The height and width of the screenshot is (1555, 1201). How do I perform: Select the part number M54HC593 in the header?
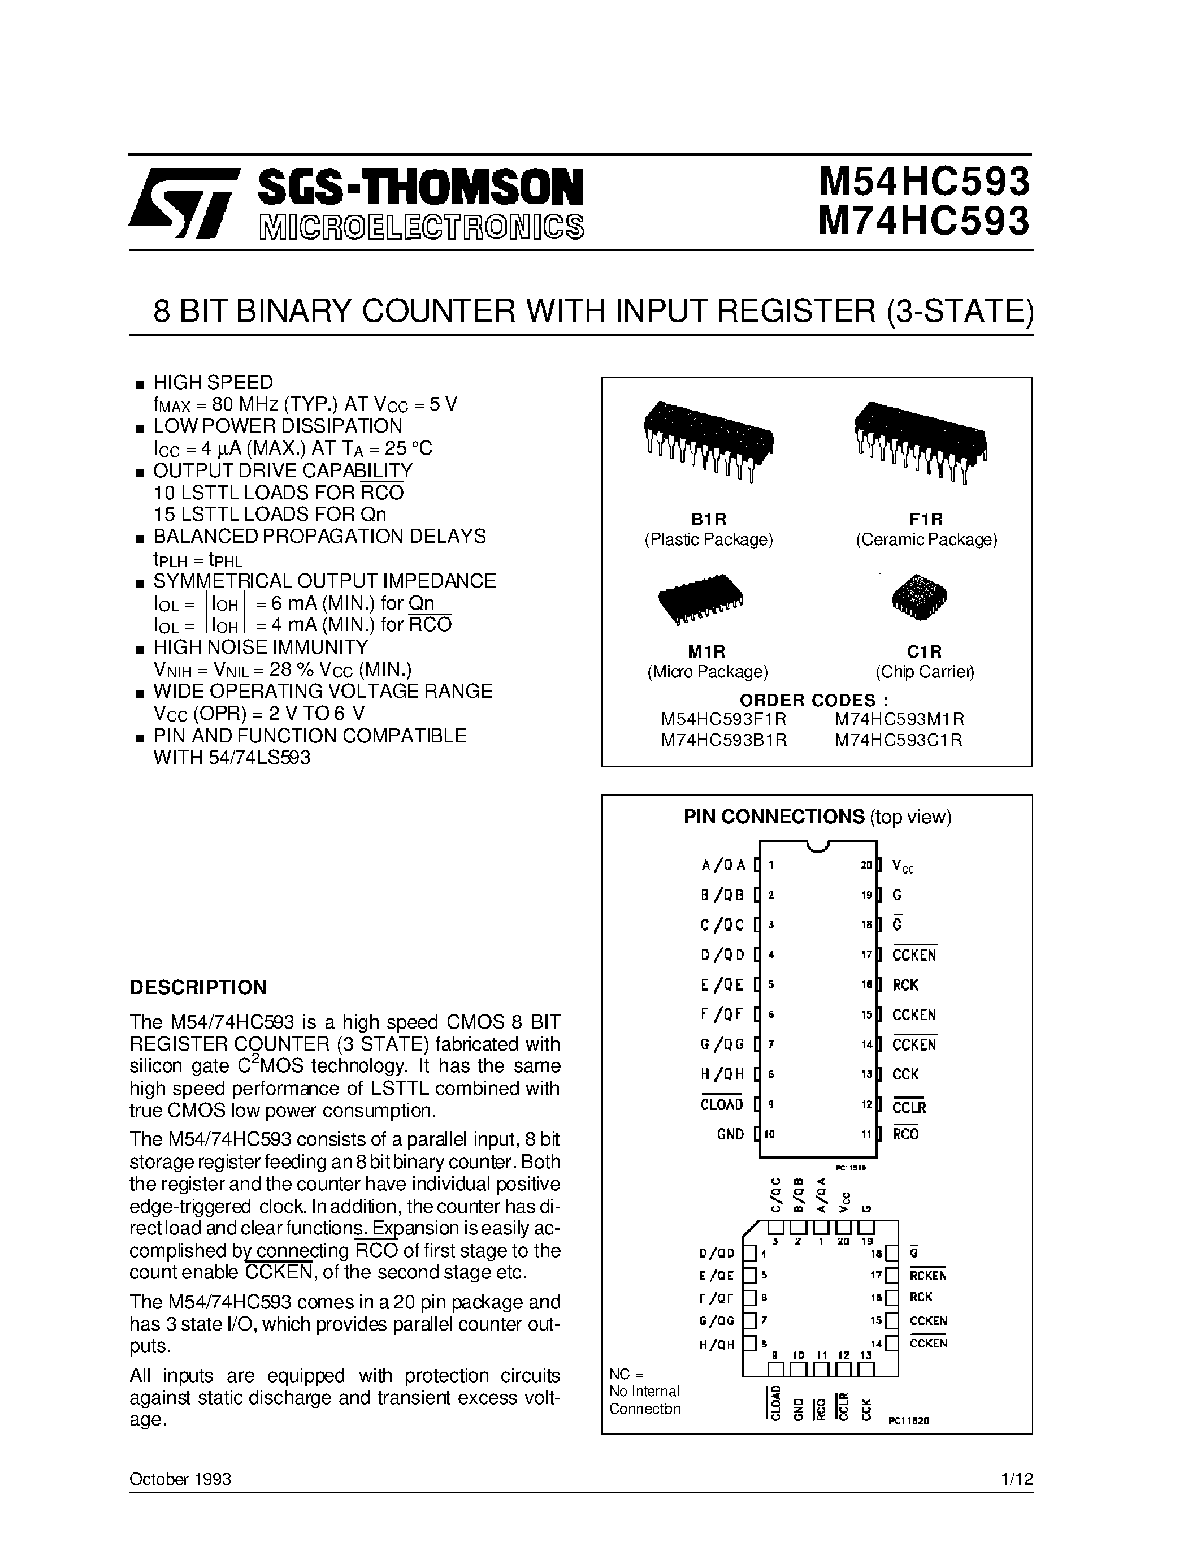[923, 182]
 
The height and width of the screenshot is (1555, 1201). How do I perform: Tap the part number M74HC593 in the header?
[923, 222]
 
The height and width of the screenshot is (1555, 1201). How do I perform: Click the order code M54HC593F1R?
[723, 720]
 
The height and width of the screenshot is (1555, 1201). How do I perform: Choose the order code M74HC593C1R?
[899, 740]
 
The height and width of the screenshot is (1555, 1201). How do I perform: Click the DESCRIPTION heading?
[198, 987]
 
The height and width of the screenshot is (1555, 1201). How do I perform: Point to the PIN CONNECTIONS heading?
[773, 817]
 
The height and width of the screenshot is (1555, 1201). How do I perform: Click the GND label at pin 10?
[730, 1134]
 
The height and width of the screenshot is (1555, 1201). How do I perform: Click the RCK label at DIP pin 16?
[906, 986]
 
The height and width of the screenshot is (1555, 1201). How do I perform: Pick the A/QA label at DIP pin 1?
[723, 865]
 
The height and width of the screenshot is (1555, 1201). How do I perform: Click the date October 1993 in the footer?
[180, 1480]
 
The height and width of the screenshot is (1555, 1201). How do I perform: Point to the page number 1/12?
[1016, 1480]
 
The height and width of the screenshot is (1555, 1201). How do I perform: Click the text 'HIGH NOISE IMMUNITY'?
[261, 647]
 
